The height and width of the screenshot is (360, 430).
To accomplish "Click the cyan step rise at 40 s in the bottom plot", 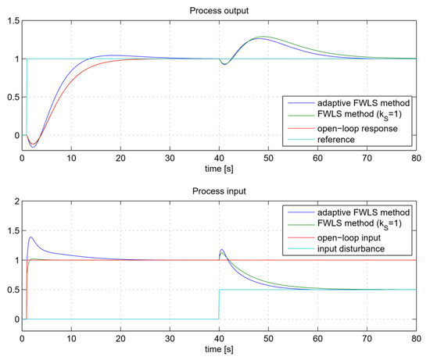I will [x=220, y=304].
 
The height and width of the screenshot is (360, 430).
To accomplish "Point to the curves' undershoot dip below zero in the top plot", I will [x=33, y=146].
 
